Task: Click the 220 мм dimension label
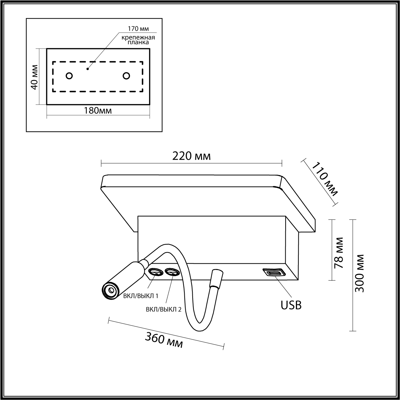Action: tap(191, 156)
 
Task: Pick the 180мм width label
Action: tap(98, 110)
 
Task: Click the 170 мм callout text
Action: tap(138, 29)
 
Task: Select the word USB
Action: tap(291, 305)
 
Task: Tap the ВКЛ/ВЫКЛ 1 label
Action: tap(141, 296)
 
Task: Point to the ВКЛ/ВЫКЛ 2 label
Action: tap(164, 309)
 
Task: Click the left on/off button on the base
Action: tap(155, 272)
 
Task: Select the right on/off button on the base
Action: tap(172, 272)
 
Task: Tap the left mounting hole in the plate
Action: tap(69, 76)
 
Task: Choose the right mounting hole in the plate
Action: tap(126, 76)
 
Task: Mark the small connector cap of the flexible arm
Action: tap(216, 278)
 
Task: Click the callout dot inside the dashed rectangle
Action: tap(88, 69)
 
